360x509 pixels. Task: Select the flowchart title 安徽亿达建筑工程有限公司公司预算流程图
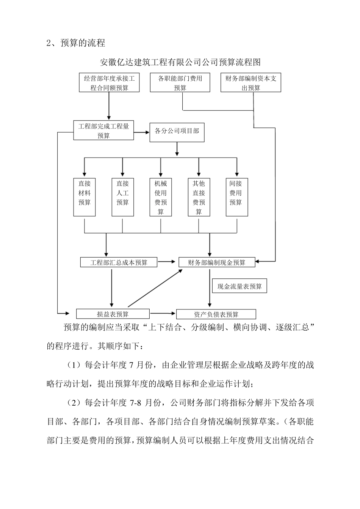180,62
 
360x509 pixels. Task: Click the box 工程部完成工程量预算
103,131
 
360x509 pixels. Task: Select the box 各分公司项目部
177,131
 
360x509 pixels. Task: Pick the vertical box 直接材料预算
85,197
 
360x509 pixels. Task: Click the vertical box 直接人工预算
122,197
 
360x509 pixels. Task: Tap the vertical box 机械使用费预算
161,197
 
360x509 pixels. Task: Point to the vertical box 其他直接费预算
199,197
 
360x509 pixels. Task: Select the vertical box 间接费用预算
236,197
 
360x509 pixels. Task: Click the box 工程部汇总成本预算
119,262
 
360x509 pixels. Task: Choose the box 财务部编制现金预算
217,262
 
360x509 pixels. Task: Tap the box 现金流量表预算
239,286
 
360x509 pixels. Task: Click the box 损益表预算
113,314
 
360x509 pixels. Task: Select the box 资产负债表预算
216,314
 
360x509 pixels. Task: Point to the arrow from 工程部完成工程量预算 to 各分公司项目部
141,132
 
